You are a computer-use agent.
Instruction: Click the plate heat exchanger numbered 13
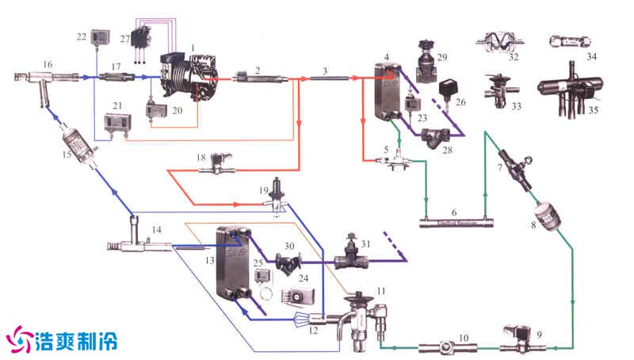[x=232, y=266]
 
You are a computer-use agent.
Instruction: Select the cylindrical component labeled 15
[x=79, y=146]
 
